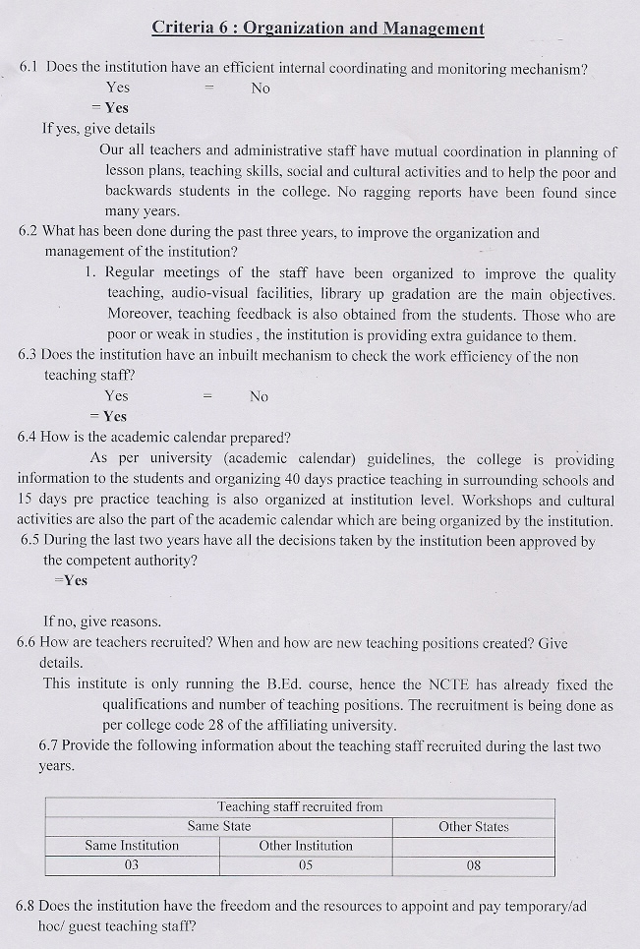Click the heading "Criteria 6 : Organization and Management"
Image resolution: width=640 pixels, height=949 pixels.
click(x=318, y=28)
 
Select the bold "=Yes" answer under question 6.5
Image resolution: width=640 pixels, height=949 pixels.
click(x=71, y=580)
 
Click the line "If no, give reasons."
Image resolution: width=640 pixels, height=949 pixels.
click(x=102, y=622)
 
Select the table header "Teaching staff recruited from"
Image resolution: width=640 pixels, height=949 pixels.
click(x=300, y=806)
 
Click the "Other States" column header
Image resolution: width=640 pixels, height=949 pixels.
click(x=473, y=826)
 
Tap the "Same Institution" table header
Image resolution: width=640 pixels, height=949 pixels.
click(x=132, y=846)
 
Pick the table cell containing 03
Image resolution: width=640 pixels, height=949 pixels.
click(x=132, y=865)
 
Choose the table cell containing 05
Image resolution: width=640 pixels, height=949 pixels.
click(x=306, y=865)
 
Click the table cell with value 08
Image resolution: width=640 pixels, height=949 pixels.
click(x=473, y=865)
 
